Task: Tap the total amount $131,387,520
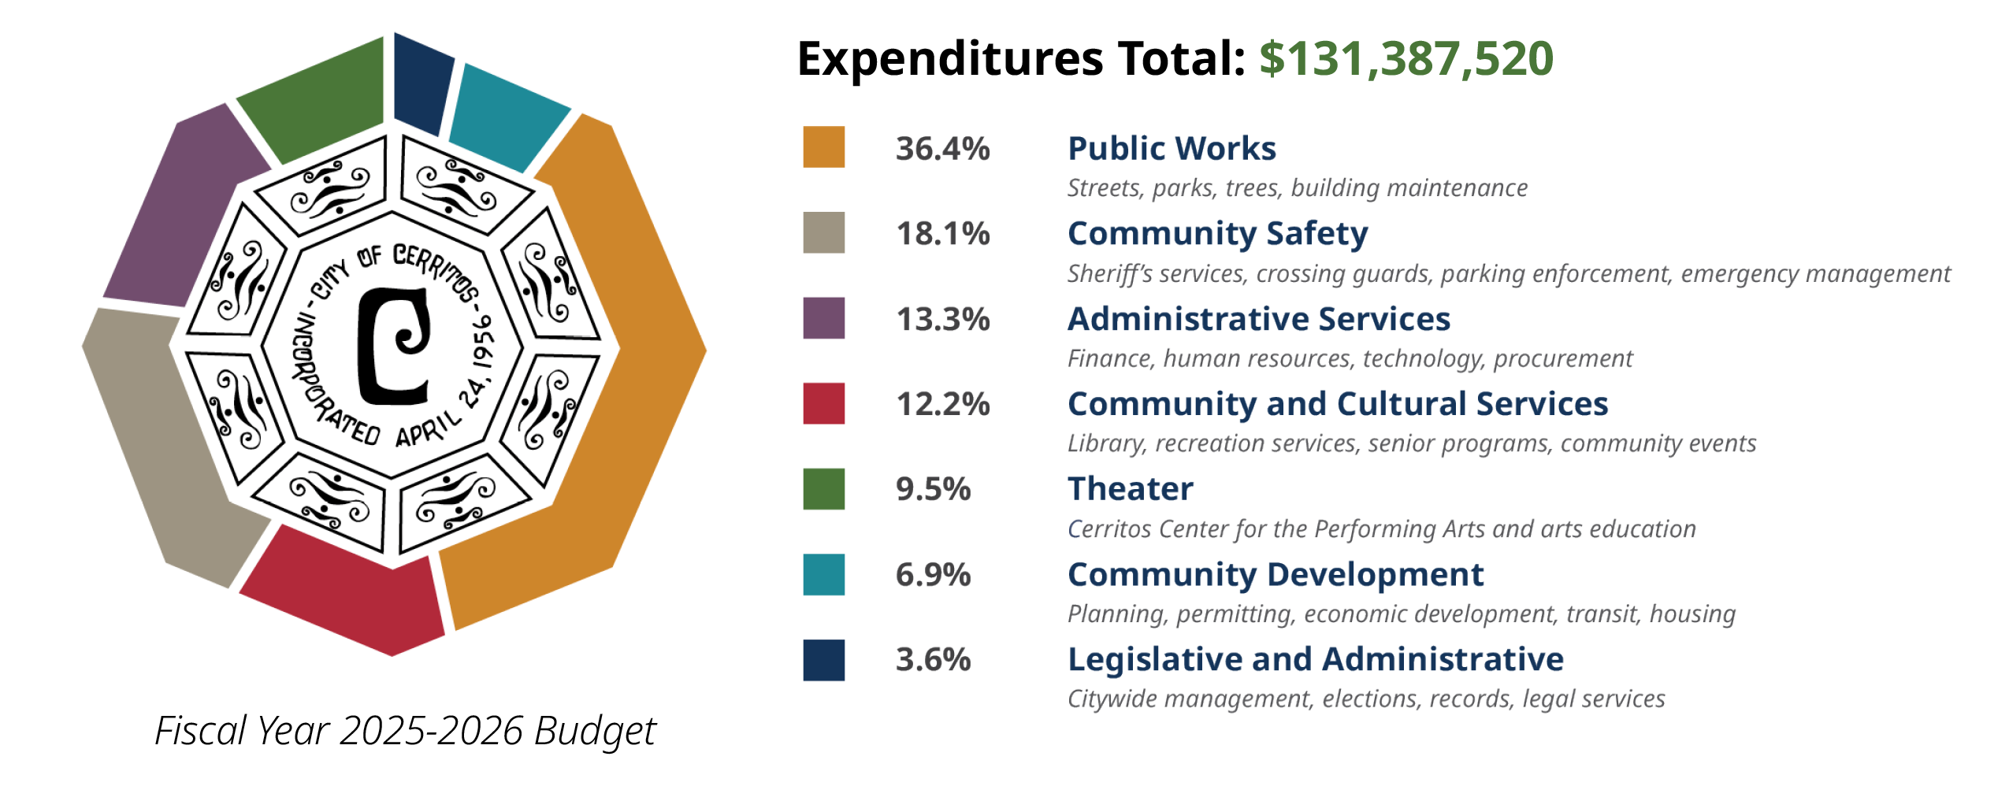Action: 1406,59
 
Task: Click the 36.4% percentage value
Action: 942,149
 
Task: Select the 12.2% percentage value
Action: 942,404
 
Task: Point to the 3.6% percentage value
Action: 933,659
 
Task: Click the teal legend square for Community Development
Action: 823,574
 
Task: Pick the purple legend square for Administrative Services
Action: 823,318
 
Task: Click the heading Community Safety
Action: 1217,234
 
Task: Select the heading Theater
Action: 1130,489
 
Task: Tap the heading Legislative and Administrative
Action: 1315,659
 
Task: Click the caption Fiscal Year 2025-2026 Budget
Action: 405,731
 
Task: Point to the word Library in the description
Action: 1103,444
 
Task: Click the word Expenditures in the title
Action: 949,59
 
